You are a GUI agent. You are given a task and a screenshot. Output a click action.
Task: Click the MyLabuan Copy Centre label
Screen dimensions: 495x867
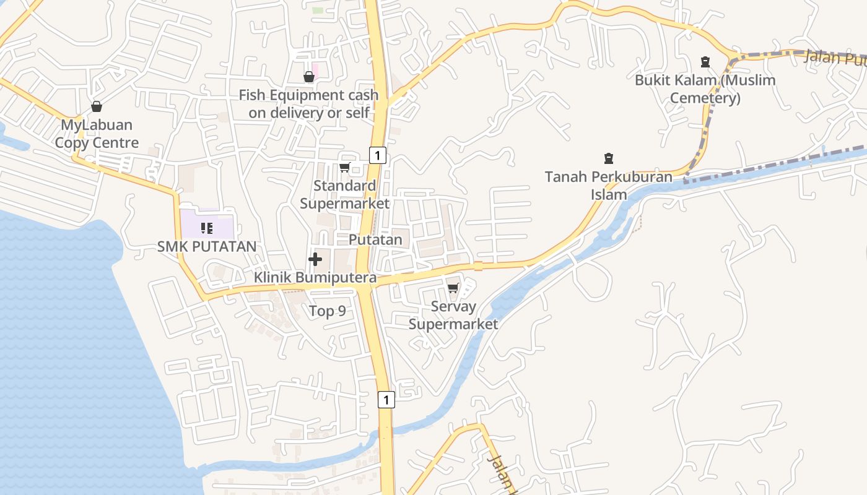(97, 134)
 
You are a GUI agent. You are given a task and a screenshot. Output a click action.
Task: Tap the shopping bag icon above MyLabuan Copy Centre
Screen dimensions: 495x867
(97, 106)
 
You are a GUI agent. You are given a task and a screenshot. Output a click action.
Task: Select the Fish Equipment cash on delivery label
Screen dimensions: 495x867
(308, 104)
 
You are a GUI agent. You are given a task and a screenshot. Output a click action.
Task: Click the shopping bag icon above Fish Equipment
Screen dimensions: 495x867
(308, 77)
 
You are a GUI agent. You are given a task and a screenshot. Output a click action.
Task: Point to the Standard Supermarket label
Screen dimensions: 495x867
(345, 194)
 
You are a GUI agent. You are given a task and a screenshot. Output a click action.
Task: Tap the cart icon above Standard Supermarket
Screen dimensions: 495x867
(345, 167)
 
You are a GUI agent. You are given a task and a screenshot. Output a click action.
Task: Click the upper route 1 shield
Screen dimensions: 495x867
(378, 155)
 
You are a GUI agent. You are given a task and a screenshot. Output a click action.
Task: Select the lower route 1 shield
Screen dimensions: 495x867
(386, 400)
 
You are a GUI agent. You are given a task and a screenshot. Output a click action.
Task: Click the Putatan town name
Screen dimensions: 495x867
(375, 239)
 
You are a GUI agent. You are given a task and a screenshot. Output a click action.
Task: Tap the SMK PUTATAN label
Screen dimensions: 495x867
(207, 246)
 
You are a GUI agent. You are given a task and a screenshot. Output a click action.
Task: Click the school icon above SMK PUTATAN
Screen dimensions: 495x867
(207, 228)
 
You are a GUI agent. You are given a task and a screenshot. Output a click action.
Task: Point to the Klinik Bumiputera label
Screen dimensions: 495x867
(315, 278)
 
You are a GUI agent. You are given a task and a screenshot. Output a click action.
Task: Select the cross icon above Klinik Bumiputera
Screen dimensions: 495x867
(315, 259)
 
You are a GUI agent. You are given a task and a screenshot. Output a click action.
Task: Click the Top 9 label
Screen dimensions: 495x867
(328, 311)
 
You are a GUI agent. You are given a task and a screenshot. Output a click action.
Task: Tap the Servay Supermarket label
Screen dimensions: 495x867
(453, 315)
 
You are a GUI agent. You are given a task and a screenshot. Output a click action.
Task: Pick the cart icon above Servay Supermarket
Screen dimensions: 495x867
(453, 288)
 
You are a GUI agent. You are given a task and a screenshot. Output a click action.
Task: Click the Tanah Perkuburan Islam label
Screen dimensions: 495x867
(608, 186)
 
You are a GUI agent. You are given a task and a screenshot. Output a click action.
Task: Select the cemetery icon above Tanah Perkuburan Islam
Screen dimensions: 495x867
(608, 158)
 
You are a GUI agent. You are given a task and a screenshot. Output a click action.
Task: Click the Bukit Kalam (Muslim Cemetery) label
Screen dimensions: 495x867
(705, 89)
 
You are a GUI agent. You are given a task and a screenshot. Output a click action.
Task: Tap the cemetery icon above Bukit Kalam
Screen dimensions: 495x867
(705, 61)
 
